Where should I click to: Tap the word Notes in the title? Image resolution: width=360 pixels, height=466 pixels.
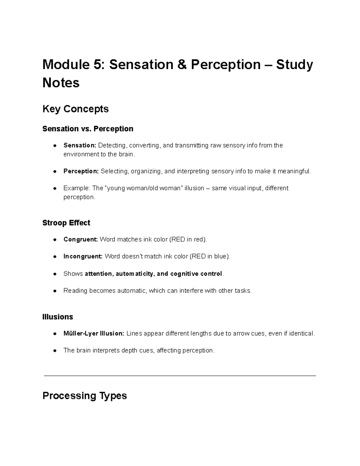pyautogui.click(x=61, y=83)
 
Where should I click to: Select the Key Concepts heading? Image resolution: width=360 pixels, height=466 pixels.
pyautogui.click(x=75, y=109)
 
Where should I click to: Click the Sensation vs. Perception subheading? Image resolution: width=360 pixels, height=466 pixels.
pyautogui.click(x=88, y=129)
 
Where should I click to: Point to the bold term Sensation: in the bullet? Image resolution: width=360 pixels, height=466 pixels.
pyautogui.click(x=79, y=146)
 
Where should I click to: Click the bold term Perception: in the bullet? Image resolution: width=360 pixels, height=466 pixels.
pyautogui.click(x=81, y=171)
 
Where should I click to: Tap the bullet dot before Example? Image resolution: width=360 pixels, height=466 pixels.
pyautogui.click(x=55, y=188)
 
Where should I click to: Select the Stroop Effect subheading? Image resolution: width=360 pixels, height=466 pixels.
pyautogui.click(x=66, y=223)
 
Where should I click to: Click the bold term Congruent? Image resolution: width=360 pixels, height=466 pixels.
pyautogui.click(x=80, y=239)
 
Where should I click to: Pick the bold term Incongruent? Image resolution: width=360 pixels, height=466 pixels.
pyautogui.click(x=83, y=257)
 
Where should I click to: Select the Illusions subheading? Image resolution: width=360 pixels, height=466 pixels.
pyautogui.click(x=58, y=317)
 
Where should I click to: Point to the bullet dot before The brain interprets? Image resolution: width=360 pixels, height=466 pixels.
pyautogui.click(x=55, y=350)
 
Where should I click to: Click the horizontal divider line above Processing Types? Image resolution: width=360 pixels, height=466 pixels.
pyautogui.click(x=180, y=375)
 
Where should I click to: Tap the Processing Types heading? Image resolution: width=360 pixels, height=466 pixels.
pyautogui.click(x=85, y=396)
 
